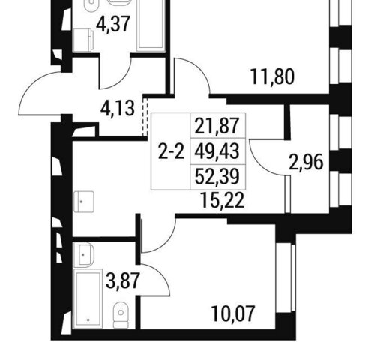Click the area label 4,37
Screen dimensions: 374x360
pyautogui.click(x=113, y=24)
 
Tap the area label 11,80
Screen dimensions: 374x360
pyautogui.click(x=272, y=76)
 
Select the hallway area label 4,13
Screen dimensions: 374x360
pyautogui.click(x=118, y=109)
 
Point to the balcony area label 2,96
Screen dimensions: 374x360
pyautogui.click(x=306, y=163)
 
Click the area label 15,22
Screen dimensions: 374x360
pyautogui.click(x=223, y=201)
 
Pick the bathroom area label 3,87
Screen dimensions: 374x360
pyautogui.click(x=122, y=280)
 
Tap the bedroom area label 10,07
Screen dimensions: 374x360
pyautogui.click(x=233, y=313)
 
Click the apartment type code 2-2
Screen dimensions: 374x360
pyautogui.click(x=172, y=151)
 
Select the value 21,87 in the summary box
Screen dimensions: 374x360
pyautogui.click(x=217, y=126)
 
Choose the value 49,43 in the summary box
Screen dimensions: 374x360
pyautogui.click(x=217, y=151)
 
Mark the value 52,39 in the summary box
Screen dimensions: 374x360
pyautogui.click(x=217, y=176)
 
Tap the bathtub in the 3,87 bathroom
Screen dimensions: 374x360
pyautogui.click(x=88, y=298)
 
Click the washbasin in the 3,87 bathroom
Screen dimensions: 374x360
pyautogui.click(x=83, y=254)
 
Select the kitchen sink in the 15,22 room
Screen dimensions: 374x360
pyautogui.click(x=84, y=202)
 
